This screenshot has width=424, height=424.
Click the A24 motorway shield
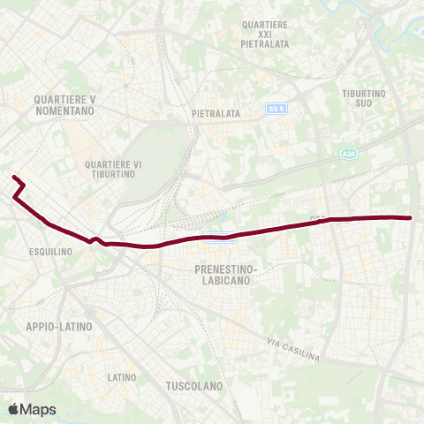[350, 154]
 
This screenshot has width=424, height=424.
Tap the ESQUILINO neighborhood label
[49, 251]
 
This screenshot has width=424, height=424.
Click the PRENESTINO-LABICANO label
[221, 273]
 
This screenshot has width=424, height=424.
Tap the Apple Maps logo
[33, 409]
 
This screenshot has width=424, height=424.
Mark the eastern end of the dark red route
[411, 217]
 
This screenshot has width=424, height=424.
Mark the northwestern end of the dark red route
[13, 178]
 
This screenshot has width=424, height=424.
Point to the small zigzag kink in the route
[95, 238]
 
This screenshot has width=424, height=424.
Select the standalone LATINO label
[122, 377]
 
